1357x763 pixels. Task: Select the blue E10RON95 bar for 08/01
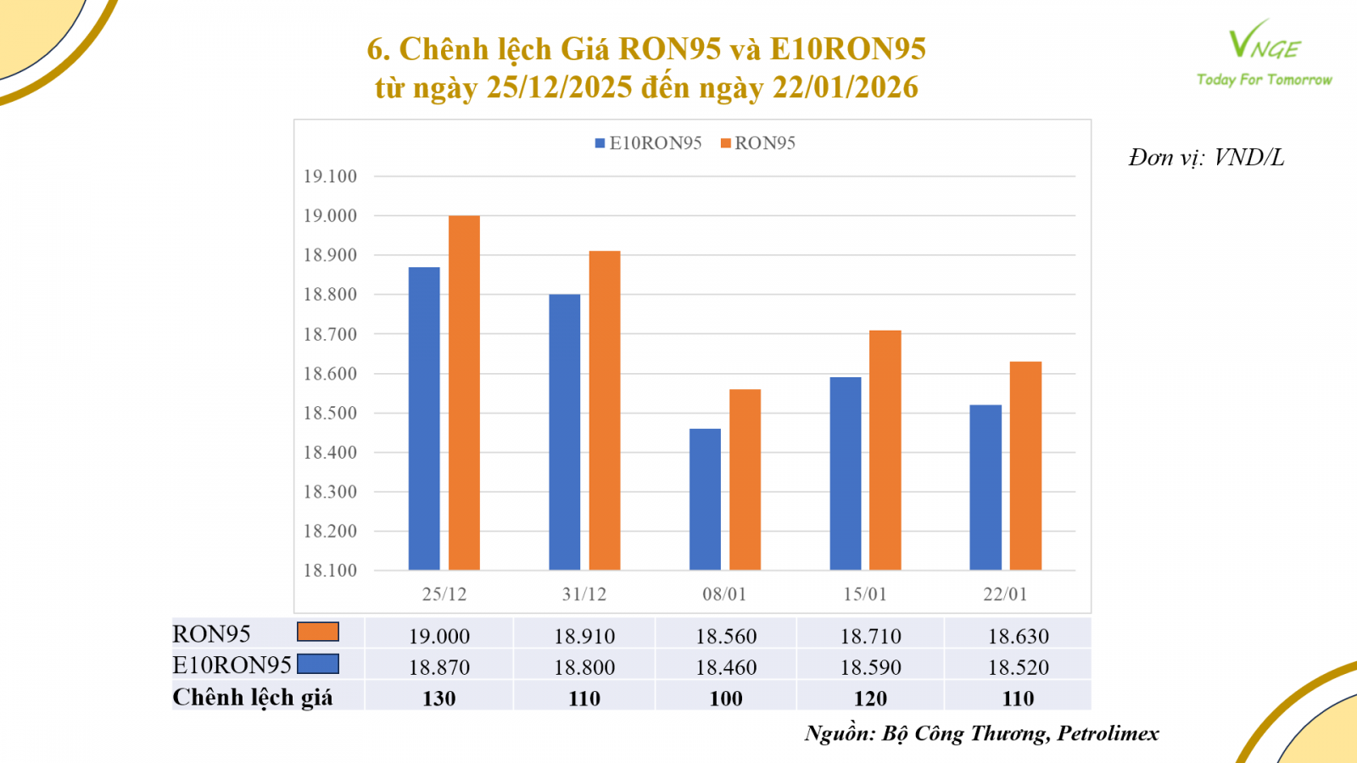point(705,499)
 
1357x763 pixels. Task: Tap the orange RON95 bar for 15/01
point(885,450)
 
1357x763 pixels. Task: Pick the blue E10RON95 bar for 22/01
point(986,487)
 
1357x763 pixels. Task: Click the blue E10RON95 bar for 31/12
point(565,432)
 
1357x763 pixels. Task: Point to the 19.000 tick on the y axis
point(330,216)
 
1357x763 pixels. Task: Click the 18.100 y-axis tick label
point(330,571)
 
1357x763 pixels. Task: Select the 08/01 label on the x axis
point(724,594)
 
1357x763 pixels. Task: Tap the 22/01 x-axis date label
point(1005,594)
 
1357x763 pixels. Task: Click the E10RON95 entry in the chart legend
point(649,143)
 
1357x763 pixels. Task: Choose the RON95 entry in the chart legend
point(758,143)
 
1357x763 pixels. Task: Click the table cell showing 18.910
point(584,636)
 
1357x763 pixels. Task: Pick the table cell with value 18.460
point(726,667)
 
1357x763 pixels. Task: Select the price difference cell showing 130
point(439,699)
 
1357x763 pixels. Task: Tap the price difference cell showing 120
point(870,699)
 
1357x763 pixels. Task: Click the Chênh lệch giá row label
point(253,698)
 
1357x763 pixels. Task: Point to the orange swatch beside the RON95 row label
point(318,632)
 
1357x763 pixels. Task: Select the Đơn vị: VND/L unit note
point(1206,158)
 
